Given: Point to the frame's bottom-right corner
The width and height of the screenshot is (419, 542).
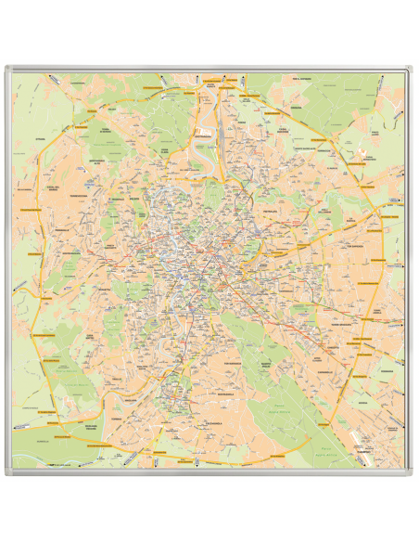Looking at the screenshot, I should (412, 474).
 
